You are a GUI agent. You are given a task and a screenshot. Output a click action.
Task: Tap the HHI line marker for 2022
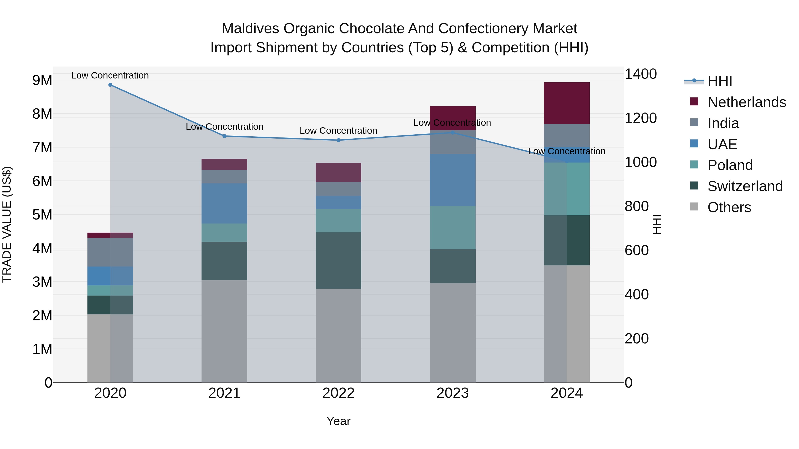click(x=338, y=140)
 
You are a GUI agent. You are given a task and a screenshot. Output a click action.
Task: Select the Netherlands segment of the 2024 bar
click(x=567, y=103)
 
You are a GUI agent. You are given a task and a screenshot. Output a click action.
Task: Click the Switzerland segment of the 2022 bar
click(x=338, y=260)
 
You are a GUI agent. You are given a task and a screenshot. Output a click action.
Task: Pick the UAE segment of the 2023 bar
click(x=453, y=180)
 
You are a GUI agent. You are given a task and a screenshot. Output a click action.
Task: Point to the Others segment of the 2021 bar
click(x=224, y=331)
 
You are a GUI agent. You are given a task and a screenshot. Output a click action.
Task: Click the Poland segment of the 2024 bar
click(x=567, y=189)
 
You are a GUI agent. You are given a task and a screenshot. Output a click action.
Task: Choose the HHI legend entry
click(x=720, y=81)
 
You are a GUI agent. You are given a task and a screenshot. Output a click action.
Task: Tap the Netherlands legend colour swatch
click(x=694, y=102)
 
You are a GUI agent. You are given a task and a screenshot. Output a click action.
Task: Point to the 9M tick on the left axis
click(x=42, y=80)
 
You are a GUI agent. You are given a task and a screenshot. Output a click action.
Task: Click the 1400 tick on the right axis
click(x=640, y=74)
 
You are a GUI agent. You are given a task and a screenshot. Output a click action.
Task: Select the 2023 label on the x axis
click(x=453, y=393)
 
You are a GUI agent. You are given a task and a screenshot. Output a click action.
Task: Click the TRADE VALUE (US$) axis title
click(x=7, y=224)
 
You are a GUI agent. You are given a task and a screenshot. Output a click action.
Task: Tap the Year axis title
click(x=338, y=421)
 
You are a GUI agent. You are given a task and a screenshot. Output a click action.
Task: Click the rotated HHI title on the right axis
click(x=657, y=224)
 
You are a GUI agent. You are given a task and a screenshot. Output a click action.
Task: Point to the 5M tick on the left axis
click(x=42, y=214)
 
